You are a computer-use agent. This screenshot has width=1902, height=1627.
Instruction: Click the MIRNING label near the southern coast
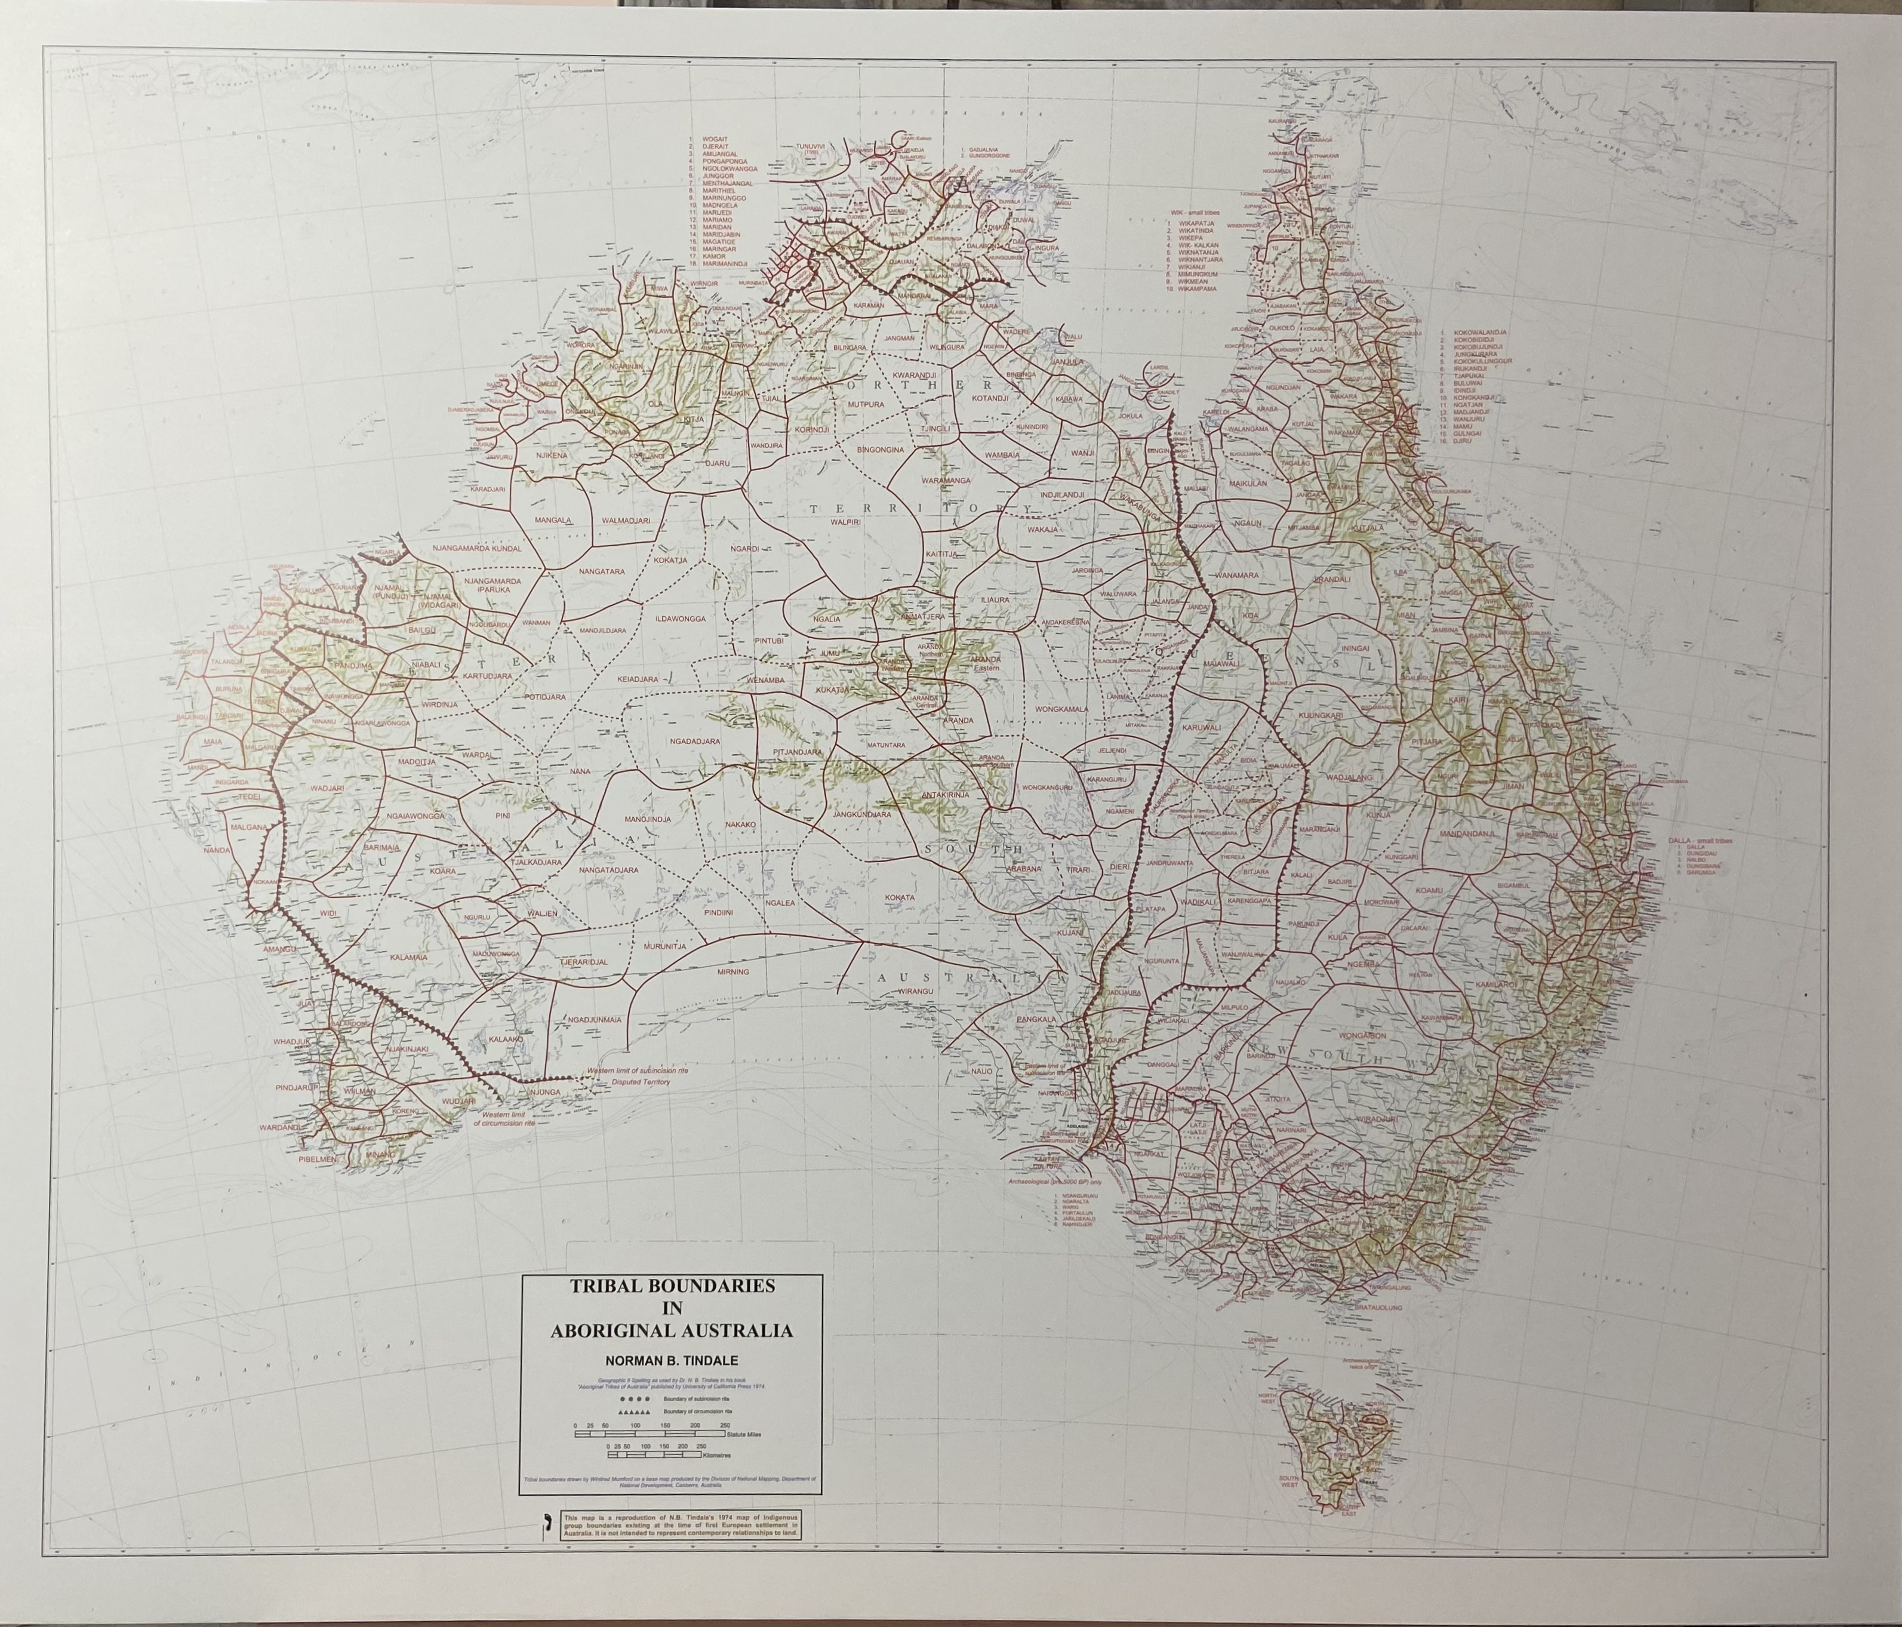[734, 971]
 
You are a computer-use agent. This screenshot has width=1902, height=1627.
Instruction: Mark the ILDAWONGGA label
[679, 619]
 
